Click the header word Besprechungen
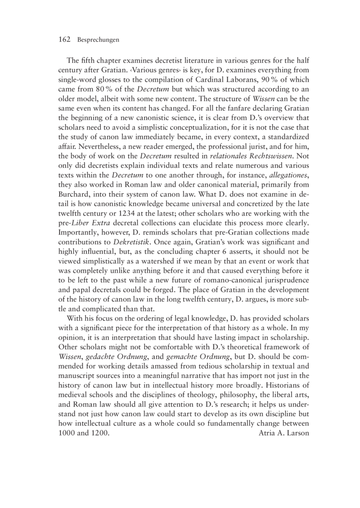[98, 40]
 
